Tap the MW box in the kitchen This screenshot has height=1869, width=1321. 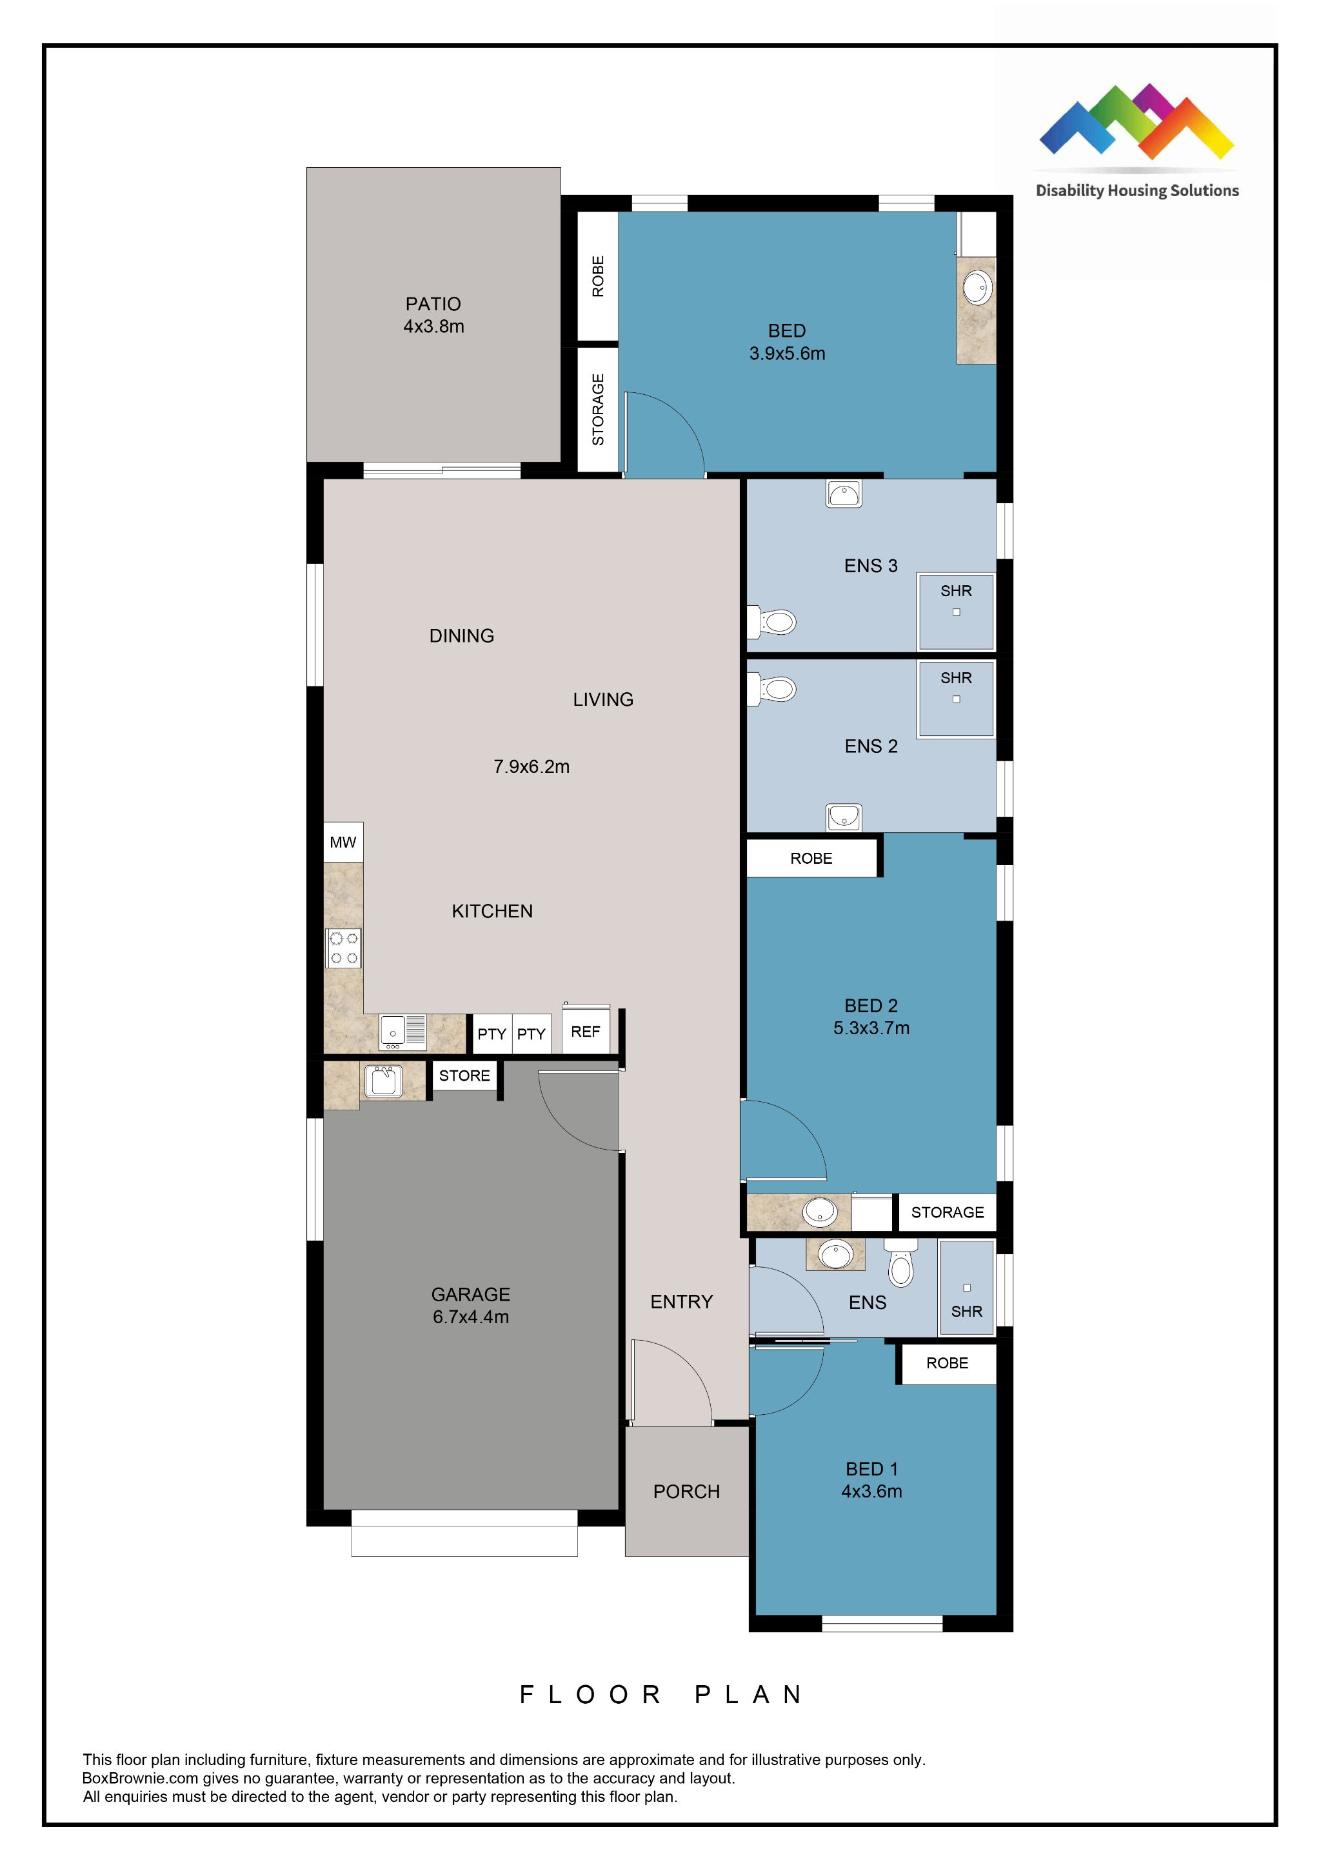point(343,842)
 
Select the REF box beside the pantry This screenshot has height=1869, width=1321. point(585,1032)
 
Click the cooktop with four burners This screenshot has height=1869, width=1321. point(343,948)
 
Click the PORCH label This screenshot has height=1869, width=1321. point(686,1492)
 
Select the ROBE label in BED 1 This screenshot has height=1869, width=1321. point(947,1363)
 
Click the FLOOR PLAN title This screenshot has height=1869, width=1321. point(661,1695)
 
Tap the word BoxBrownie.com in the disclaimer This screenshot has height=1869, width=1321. point(140,1779)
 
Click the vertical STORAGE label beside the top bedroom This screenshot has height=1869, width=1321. point(598,410)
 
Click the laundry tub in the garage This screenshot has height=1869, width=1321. point(382,1081)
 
